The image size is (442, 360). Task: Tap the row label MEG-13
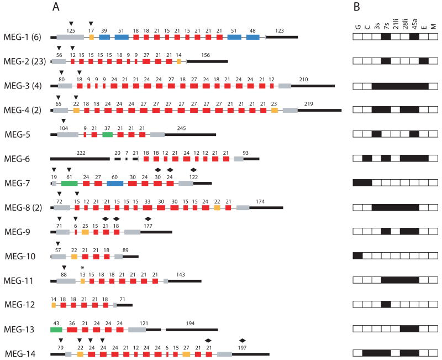pyautogui.click(x=19, y=330)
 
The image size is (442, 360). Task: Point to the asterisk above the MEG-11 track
pyautogui.click(x=82, y=268)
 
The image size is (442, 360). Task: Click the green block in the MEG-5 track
pyautogui.click(x=107, y=134)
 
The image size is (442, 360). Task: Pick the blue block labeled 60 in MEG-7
pyautogui.click(x=114, y=183)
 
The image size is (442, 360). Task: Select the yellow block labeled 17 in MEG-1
pyautogui.click(x=92, y=37)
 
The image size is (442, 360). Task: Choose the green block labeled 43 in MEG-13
pyautogui.click(x=56, y=330)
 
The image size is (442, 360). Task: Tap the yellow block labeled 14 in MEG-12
pyautogui.click(x=54, y=305)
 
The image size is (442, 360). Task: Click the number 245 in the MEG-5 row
pyautogui.click(x=182, y=128)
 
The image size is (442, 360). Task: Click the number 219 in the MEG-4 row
pyautogui.click(x=309, y=104)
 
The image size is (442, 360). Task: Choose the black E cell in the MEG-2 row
pyautogui.click(x=424, y=61)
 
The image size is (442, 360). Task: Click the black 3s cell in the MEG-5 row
pyautogui.click(x=376, y=134)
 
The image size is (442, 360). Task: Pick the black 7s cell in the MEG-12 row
pyautogui.click(x=386, y=305)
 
